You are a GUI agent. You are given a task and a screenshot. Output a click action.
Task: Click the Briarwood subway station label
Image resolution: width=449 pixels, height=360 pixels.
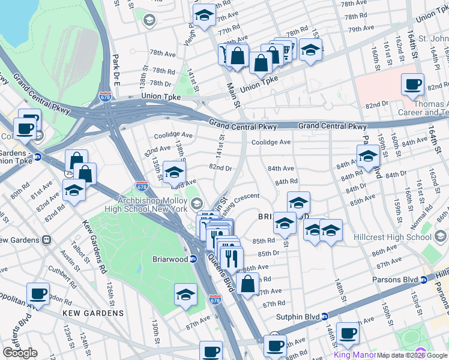coord(166,259)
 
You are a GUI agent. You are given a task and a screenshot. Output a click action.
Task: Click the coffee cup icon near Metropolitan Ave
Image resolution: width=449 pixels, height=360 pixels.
coord(38,294)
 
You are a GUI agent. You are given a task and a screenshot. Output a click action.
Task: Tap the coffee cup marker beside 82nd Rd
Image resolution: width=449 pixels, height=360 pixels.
coord(412,85)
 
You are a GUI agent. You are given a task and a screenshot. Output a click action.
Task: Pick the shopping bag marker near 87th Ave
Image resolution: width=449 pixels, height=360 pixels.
coord(248,285)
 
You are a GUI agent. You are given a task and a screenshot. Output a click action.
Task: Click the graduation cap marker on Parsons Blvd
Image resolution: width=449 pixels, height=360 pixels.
coord(368,157)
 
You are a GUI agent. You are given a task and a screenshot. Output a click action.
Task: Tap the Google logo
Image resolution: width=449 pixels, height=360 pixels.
coord(20,353)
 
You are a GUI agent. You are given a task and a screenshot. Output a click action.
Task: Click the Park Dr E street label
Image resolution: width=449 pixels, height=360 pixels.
coord(116,70)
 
